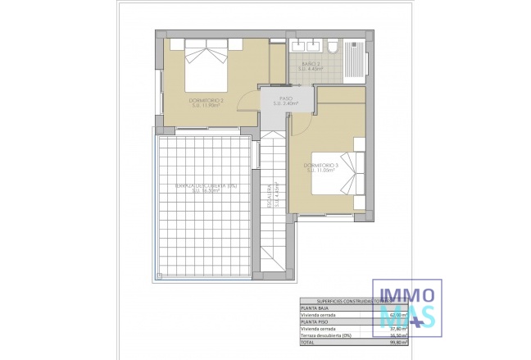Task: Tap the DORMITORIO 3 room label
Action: coord(322,167)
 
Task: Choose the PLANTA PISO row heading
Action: coord(316,321)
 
